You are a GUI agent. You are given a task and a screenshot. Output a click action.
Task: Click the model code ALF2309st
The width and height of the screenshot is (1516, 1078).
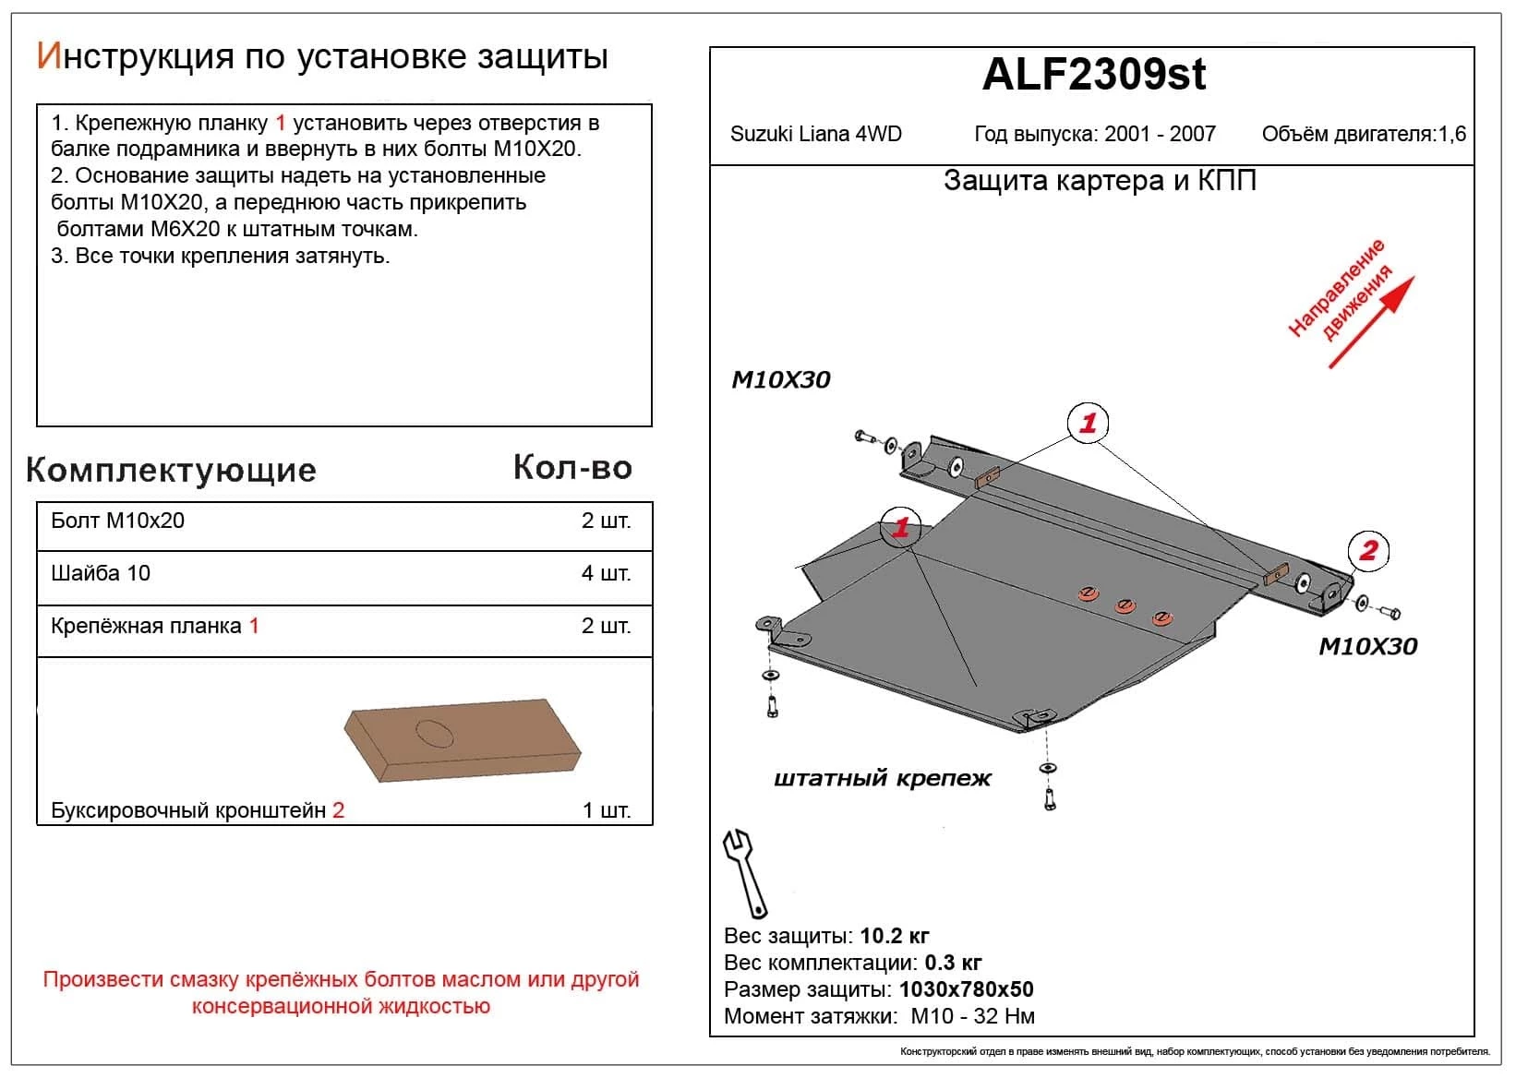pos(1093,75)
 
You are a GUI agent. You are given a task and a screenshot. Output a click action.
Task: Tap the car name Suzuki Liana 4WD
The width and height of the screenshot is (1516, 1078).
pos(815,134)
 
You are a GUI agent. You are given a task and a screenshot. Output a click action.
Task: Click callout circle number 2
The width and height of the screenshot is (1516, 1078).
pos(1368,551)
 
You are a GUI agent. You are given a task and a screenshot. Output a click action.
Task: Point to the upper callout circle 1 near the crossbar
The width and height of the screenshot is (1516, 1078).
pos(1088,424)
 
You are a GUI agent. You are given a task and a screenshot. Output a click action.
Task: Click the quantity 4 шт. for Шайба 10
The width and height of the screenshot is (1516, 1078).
pos(606,573)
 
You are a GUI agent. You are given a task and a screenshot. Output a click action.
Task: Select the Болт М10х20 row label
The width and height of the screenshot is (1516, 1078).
pos(118,521)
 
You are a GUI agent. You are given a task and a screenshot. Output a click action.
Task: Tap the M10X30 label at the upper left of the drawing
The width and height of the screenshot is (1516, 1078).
pos(781,379)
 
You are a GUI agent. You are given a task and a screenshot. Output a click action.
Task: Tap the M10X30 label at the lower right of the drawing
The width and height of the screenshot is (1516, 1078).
pos(1367,646)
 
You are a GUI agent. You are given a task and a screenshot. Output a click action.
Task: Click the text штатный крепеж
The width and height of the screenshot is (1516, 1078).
pos(882,778)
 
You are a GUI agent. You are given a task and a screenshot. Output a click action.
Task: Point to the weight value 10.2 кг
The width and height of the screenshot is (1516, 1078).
pos(894,936)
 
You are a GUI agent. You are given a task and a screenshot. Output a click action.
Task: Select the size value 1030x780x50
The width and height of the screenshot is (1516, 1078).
pos(966,989)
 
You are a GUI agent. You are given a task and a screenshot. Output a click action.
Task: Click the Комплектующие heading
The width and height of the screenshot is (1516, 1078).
pos(172,470)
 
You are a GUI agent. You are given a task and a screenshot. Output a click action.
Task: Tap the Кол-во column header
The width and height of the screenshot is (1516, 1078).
pos(572,468)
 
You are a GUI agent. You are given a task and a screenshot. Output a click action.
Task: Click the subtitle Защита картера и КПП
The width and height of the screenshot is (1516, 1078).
pos(1100,181)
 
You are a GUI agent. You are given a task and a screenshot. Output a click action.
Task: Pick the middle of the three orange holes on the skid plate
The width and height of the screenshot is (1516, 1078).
pos(1124,605)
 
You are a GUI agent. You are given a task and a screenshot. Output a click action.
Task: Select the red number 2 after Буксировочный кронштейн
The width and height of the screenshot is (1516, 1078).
pos(338,810)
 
